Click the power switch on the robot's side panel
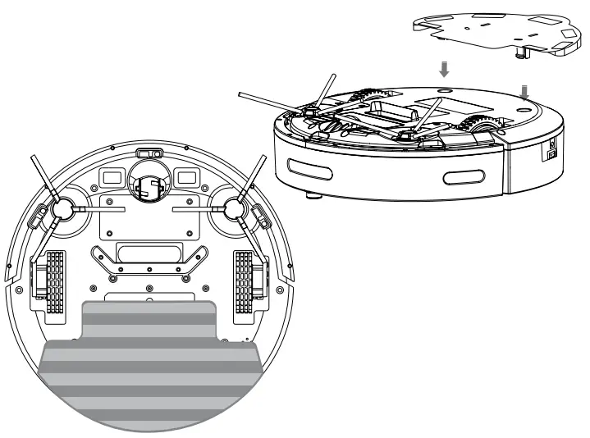click(552, 148)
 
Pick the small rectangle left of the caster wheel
click(111, 177)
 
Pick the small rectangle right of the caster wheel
click(185, 177)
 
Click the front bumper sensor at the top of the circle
click(148, 153)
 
